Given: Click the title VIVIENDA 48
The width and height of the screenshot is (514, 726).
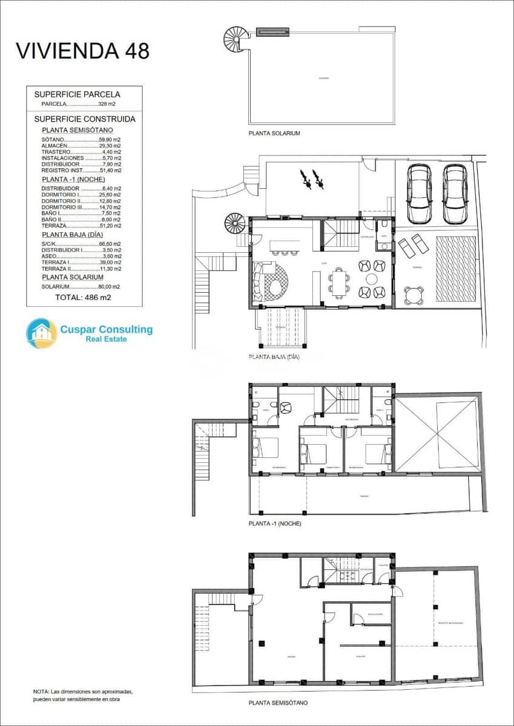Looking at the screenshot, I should (x=82, y=51).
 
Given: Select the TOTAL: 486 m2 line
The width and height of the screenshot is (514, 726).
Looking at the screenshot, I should (x=83, y=298).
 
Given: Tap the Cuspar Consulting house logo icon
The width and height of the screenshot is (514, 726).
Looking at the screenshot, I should (x=41, y=333).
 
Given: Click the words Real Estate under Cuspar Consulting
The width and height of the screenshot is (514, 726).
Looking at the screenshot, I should (x=107, y=340).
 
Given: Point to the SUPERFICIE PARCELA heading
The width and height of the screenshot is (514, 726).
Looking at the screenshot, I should (x=77, y=94).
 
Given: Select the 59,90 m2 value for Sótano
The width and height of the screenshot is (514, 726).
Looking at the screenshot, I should (x=110, y=139).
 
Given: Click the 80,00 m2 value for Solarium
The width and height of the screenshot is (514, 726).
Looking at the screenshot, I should (x=109, y=287).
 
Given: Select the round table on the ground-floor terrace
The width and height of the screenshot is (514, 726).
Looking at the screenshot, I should (x=415, y=295).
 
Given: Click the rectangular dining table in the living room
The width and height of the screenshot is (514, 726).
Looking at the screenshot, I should (x=340, y=283).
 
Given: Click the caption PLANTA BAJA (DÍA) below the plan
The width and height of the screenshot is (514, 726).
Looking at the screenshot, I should (x=274, y=358).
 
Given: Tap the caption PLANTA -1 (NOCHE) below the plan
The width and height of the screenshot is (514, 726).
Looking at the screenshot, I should (x=274, y=523).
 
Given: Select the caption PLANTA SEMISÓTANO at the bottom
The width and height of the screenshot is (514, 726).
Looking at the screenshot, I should (x=278, y=703).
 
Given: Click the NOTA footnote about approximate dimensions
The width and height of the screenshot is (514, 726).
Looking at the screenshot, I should (x=83, y=695).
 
